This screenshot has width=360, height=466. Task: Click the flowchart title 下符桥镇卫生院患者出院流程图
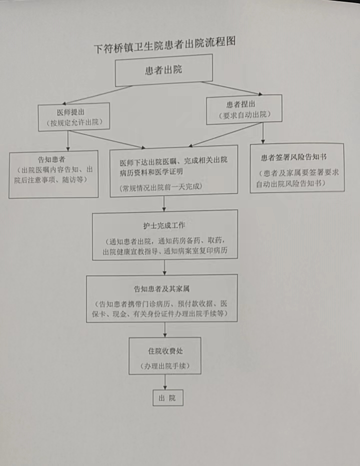tap(165, 45)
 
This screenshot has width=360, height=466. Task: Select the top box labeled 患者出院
tap(164, 70)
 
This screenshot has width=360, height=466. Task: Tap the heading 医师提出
tap(71, 112)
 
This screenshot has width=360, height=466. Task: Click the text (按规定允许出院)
tap(74, 122)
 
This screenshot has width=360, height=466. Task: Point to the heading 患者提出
tap(241, 104)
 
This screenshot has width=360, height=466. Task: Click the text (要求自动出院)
tap(244, 114)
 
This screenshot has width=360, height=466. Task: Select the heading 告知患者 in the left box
tap(51, 159)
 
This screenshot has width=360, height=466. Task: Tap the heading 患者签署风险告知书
tap(293, 157)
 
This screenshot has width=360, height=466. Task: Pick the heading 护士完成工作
tap(164, 225)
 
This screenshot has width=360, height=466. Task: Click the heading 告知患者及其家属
tap(161, 288)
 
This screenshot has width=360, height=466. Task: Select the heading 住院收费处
tap(165, 351)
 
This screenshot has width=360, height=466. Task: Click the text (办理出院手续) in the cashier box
tap(165, 366)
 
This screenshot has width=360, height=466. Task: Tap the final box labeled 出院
tap(168, 398)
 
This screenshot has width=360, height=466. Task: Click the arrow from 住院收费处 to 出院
tap(165, 382)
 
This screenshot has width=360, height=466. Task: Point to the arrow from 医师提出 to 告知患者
tap(68, 140)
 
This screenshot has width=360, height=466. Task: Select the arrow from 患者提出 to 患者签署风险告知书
tap(263, 133)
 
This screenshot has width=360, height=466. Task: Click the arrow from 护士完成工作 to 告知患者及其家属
tap(164, 267)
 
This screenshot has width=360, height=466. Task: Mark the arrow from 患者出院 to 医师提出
tap(96, 95)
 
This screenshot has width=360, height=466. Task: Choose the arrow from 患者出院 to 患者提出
tap(232, 88)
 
